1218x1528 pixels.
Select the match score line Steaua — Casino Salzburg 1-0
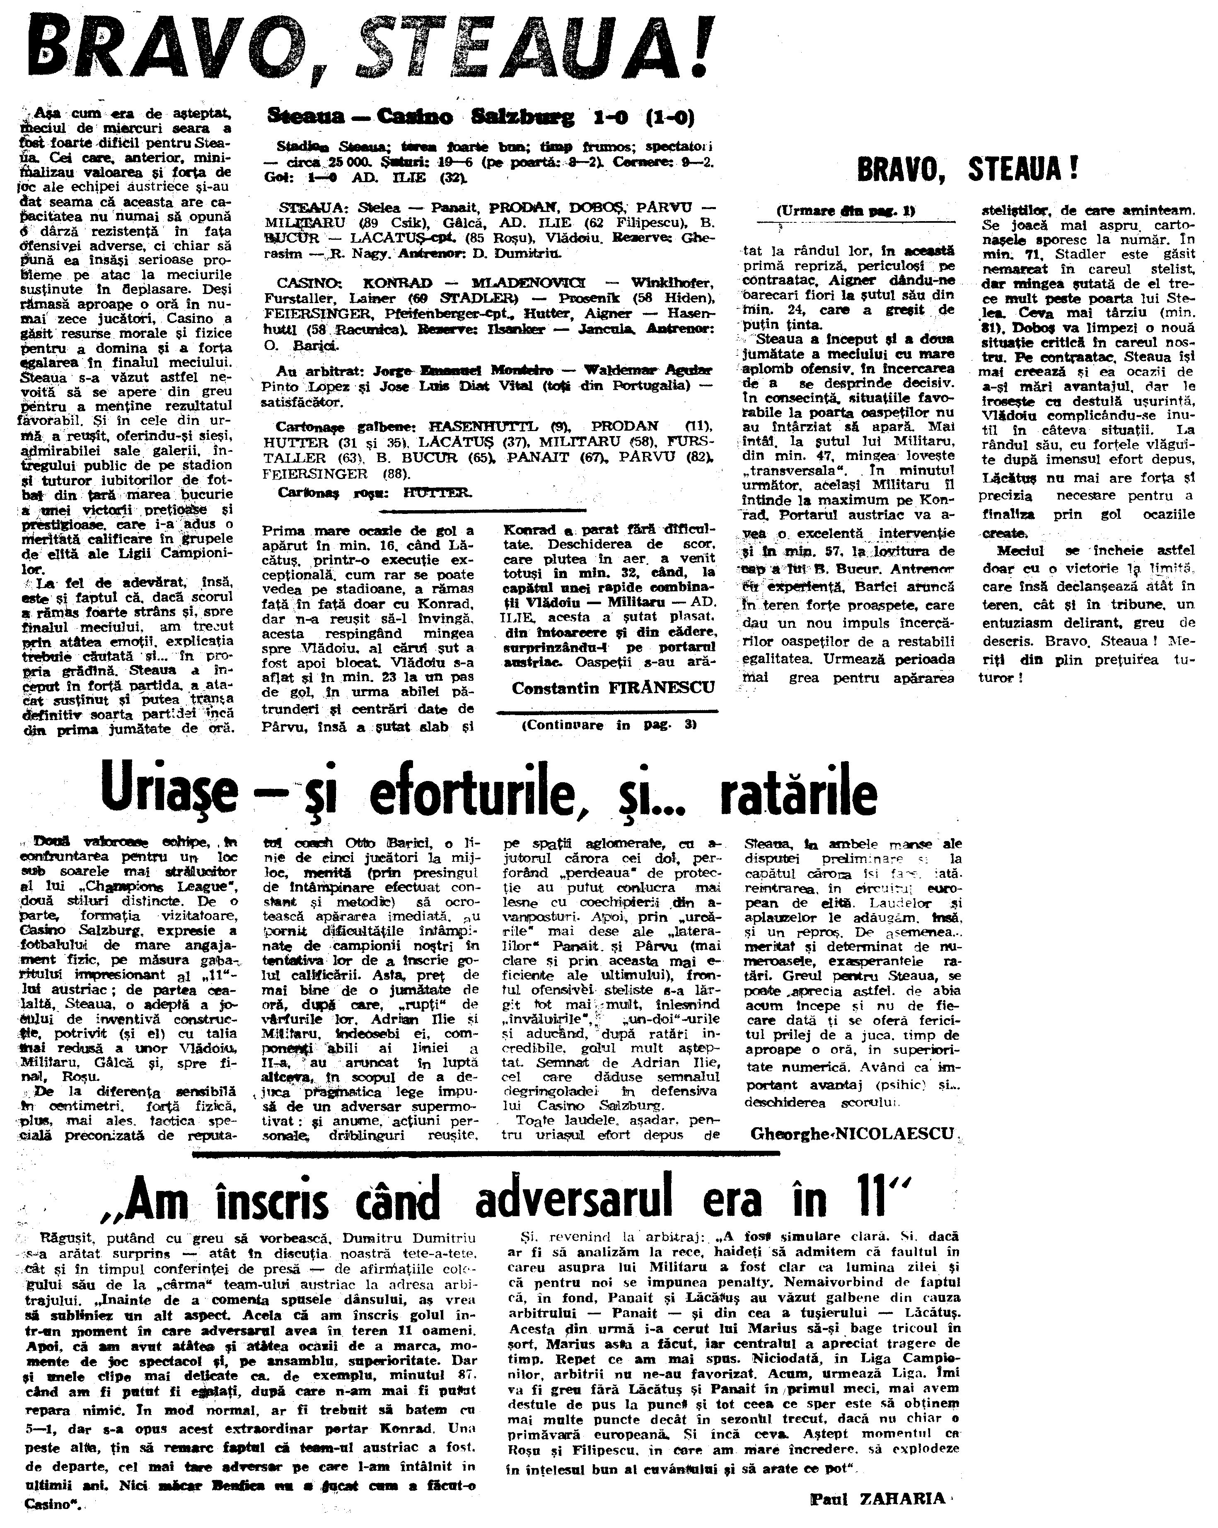click(480, 116)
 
